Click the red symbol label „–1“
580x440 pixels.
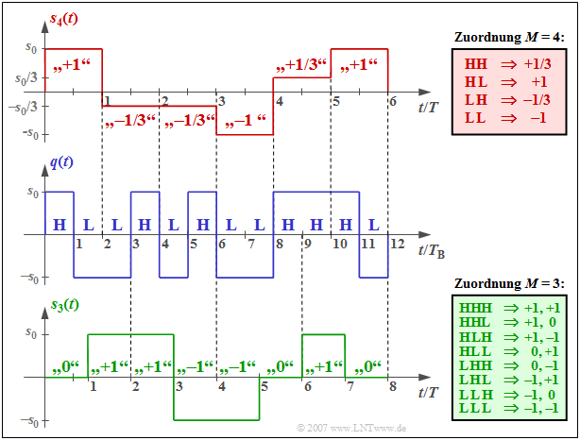(x=243, y=121)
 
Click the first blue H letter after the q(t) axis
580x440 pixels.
(x=60, y=225)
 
